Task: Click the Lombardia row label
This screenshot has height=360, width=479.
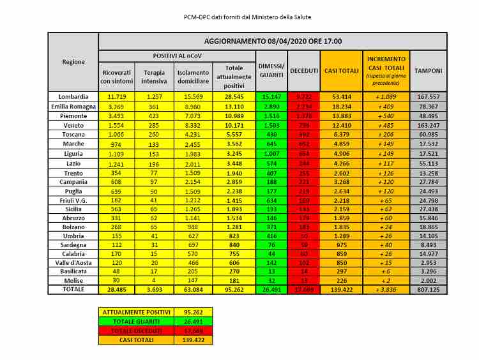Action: coord(73,96)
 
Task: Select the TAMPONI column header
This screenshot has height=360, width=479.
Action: coord(428,70)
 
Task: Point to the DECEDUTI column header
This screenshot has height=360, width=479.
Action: coord(304,70)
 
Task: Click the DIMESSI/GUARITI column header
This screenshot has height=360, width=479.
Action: coord(271,70)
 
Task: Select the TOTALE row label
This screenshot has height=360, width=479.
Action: coord(73,289)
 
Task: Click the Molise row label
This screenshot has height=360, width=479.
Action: coord(73,280)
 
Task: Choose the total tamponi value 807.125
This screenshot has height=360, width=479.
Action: coord(428,289)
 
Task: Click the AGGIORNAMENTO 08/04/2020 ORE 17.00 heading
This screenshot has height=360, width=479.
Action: coord(273,41)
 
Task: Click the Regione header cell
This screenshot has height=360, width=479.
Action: coord(73,61)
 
